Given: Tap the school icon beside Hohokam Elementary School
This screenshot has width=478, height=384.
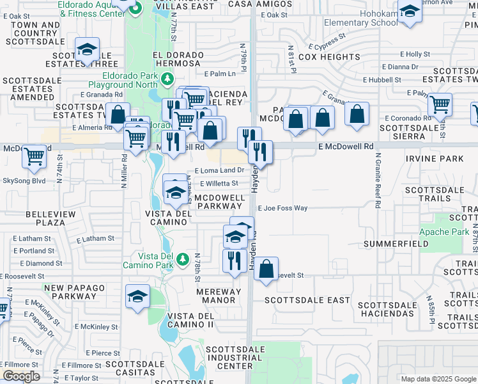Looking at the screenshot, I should [x=410, y=12].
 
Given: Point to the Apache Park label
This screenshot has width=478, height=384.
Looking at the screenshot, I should [x=443, y=232].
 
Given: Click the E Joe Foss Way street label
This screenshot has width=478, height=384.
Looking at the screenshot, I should [x=282, y=208].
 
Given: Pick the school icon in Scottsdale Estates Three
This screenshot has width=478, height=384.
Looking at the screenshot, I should [x=87, y=49].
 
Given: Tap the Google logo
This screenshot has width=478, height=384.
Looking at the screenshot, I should [x=21, y=376].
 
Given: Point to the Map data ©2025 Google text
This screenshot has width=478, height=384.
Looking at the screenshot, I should [x=438, y=379].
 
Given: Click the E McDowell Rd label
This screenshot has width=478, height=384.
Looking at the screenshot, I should [x=345, y=147].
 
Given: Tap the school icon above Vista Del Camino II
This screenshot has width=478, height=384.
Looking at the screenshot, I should [x=137, y=296].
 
